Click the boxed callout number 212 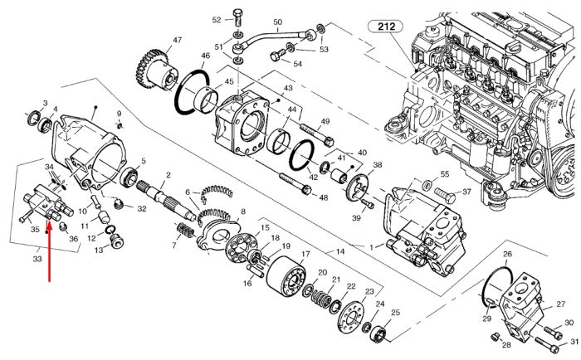pos(387,27)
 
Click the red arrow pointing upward pos(49,251)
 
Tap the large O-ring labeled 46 pos(192,91)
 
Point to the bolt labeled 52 pos(237,17)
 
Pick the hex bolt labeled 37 pos(444,195)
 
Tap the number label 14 pos(340,252)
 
